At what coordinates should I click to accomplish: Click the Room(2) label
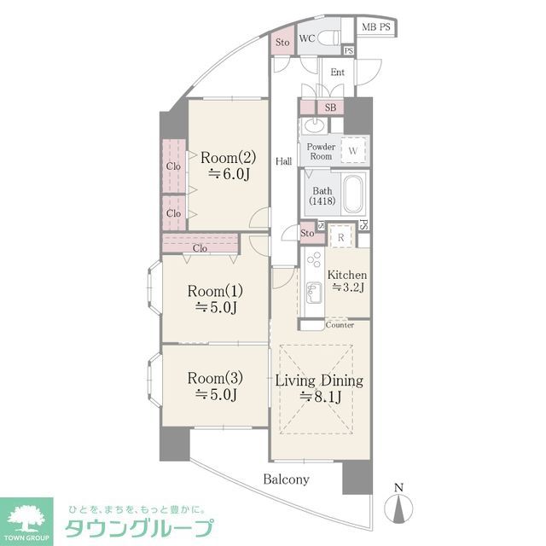228,157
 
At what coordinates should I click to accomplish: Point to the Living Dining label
319,381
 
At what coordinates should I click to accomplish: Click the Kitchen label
347,276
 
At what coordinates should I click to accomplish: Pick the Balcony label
286,479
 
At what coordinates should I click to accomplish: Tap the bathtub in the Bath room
352,195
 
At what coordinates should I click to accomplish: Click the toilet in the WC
331,38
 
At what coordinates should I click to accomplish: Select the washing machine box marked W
353,150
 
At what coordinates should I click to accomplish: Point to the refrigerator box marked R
341,237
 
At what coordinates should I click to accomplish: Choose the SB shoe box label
330,107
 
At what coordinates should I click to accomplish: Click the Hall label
283,160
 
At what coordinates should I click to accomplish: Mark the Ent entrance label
337,73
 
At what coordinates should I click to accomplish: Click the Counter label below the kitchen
340,325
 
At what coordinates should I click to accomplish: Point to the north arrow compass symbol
397,504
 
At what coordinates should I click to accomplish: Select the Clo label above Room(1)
200,248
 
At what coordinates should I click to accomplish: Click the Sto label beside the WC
282,42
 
